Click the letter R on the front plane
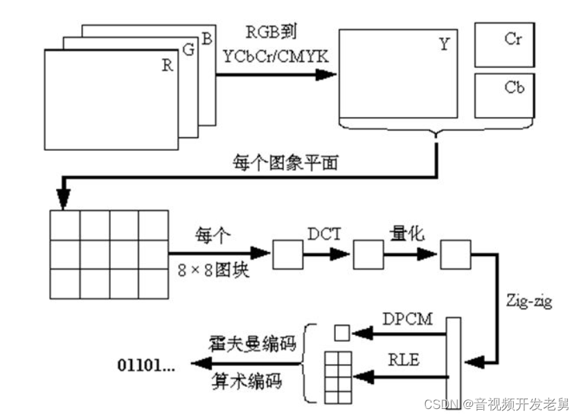click(167, 66)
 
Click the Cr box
click(504, 44)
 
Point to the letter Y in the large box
click(444, 45)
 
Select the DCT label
click(325, 233)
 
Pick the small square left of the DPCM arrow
click(342, 333)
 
